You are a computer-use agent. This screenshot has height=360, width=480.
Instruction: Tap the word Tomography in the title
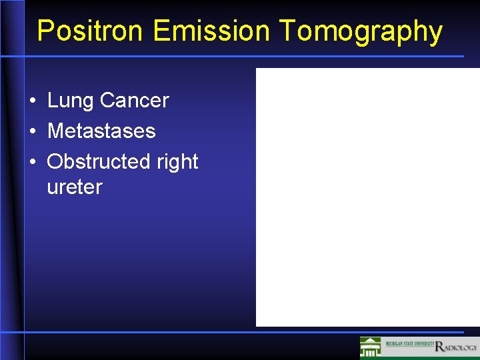(361, 31)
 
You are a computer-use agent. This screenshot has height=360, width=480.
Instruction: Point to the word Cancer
(134, 101)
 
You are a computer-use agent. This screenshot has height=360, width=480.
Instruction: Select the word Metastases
(101, 131)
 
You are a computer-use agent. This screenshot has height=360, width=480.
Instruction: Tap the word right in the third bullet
(177, 161)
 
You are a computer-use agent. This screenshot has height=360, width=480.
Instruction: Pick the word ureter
(75, 187)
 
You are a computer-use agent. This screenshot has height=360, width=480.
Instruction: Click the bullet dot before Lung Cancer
(32, 101)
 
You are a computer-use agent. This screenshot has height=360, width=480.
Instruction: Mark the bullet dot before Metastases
(32, 131)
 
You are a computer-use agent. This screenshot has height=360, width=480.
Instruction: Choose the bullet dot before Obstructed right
(32, 162)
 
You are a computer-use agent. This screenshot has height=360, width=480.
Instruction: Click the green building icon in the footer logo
(370, 347)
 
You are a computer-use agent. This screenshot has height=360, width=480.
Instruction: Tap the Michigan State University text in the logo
(407, 345)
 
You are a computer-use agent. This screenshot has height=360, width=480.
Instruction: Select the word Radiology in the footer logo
(456, 347)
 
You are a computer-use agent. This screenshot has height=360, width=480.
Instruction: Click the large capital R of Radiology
(439, 346)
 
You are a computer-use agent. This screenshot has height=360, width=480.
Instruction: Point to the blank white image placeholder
(367, 197)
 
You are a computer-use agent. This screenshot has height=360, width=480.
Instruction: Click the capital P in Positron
(45, 31)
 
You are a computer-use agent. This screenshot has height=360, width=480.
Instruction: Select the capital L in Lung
(53, 101)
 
